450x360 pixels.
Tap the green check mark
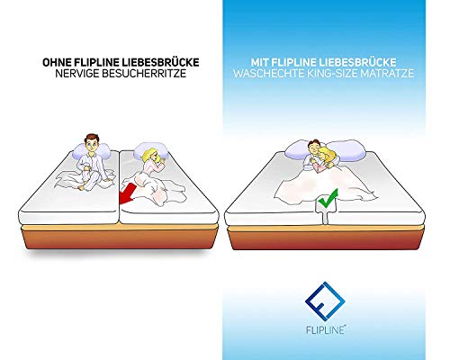point(328,199)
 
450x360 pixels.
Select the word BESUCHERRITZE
point(144,74)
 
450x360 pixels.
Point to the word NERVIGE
point(77,74)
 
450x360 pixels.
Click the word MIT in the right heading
point(259,63)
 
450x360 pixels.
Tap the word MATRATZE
point(387,74)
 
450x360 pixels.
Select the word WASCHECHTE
point(269,74)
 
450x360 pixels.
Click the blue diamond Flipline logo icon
point(325,301)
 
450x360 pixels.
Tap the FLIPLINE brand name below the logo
point(326,329)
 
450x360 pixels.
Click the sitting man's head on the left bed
point(92,143)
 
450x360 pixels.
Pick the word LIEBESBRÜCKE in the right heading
point(357,63)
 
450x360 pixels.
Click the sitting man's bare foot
point(82,187)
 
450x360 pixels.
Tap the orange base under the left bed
point(120,237)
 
